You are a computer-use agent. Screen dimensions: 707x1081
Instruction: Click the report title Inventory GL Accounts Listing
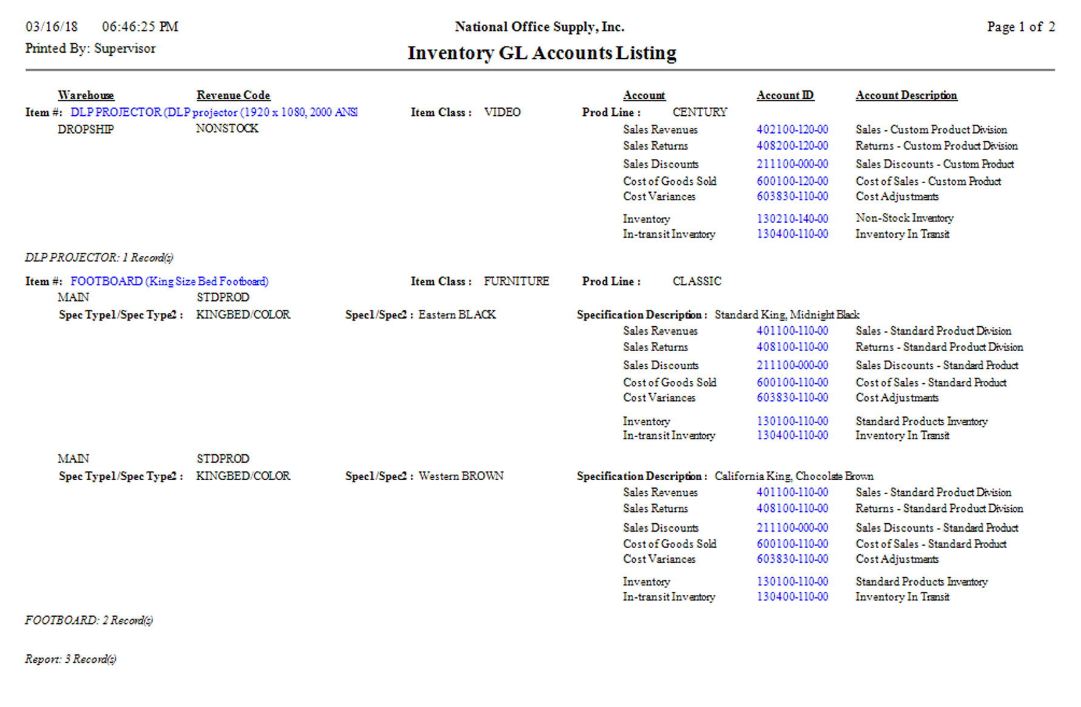pos(542,53)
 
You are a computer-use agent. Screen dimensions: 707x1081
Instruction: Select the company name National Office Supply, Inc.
pos(539,27)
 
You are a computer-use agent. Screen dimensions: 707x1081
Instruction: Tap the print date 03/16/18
pos(52,27)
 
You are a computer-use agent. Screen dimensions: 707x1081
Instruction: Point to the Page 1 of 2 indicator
pos(1020,27)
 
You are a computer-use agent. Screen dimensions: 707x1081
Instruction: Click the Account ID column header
pos(785,95)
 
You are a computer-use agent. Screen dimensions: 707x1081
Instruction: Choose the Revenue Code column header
pos(233,95)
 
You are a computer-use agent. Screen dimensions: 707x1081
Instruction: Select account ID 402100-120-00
pos(792,130)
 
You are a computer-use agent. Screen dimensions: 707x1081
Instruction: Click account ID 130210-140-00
pos(792,218)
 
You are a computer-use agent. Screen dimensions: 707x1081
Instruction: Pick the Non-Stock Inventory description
pos(904,218)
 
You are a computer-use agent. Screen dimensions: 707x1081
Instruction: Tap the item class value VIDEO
pos(502,112)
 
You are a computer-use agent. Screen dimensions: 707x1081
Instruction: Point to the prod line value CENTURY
pos(699,112)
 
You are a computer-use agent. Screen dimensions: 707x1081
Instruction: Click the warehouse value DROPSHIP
pos(85,129)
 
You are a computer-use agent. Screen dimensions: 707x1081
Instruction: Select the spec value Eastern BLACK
pos(457,315)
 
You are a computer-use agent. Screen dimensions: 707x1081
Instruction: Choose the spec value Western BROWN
pos(460,476)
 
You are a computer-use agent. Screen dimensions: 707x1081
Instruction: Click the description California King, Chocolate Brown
pos(793,476)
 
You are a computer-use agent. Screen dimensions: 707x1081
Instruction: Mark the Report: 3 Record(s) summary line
pos(70,659)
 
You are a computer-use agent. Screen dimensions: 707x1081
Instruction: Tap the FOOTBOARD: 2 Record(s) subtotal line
pos(89,620)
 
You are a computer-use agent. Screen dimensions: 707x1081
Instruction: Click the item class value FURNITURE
pos(516,281)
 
